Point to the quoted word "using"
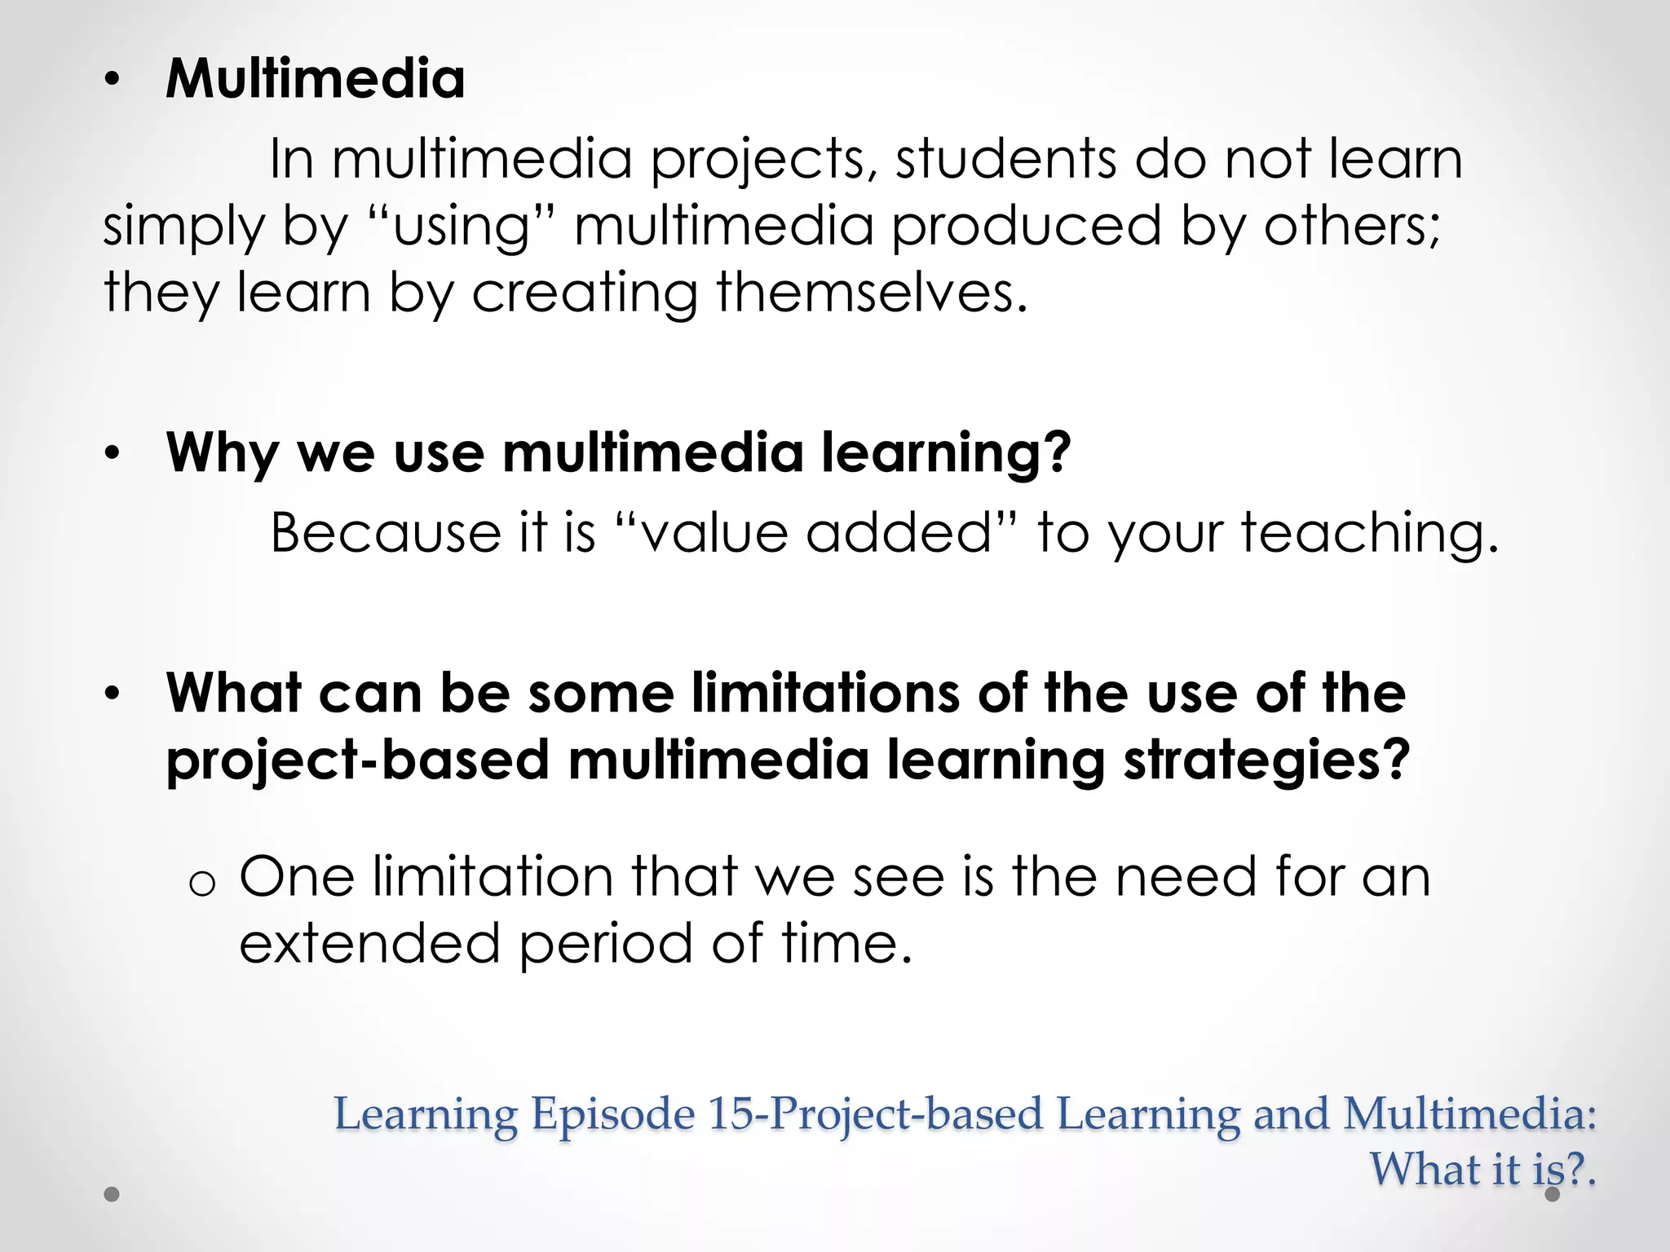click(x=462, y=226)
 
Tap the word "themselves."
click(x=872, y=292)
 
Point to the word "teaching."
click(x=1370, y=534)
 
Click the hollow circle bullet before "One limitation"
click(x=201, y=884)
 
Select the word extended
click(x=369, y=943)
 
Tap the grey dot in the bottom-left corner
click(x=113, y=1194)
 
